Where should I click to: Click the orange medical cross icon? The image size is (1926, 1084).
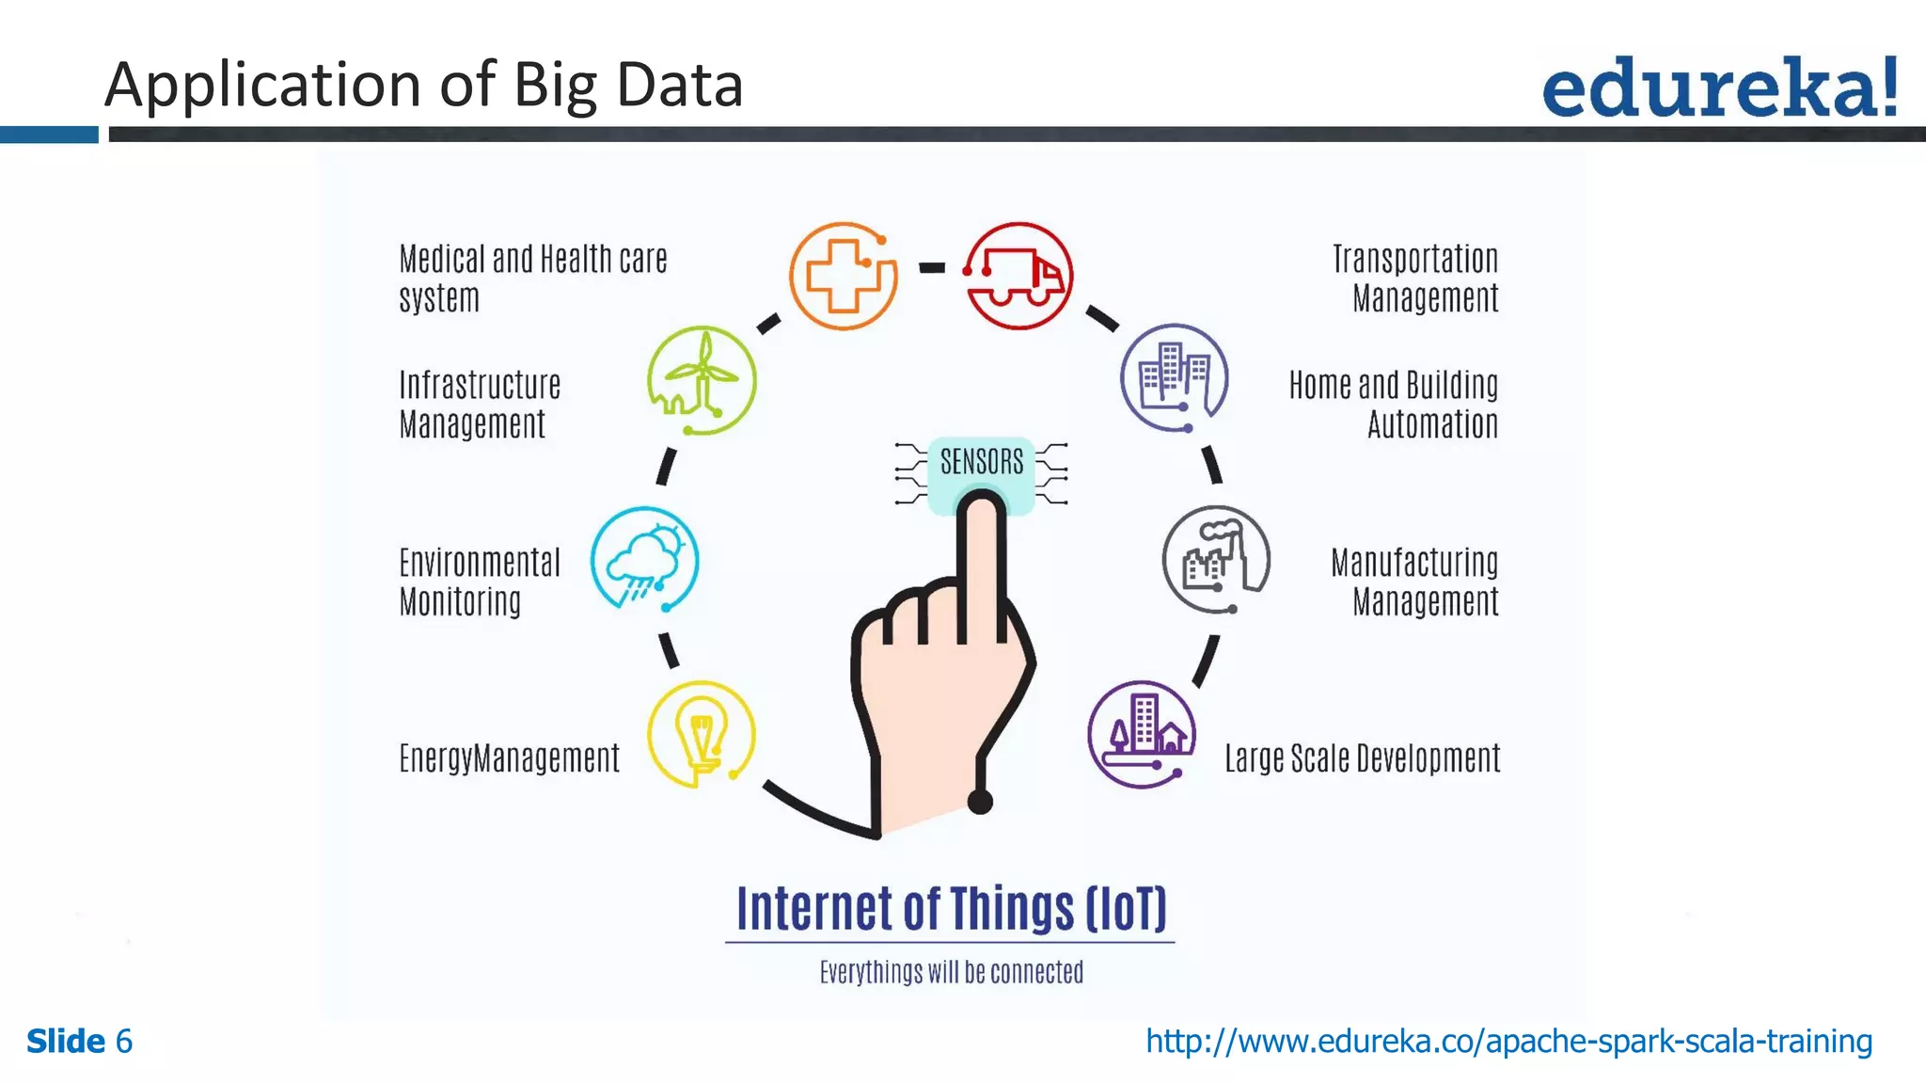point(844,276)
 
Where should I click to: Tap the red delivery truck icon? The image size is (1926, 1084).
point(1019,276)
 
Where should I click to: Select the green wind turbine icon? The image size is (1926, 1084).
point(702,380)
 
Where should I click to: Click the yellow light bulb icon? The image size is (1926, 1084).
point(702,735)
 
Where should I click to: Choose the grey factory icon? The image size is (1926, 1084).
point(1216,560)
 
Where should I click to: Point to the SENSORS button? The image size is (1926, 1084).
point(981,461)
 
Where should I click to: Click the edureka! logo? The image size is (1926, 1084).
point(1719,88)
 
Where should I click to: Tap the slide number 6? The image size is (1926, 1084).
point(123,1042)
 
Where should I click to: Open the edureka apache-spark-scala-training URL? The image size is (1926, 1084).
point(1508,1042)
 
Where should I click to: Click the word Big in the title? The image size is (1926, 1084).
point(555,85)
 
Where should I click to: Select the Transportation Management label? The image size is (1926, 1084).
point(1415,279)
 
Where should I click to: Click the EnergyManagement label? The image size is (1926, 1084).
point(509,758)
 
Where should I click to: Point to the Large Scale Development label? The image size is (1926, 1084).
point(1362,758)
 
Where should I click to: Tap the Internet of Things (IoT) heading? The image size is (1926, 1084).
point(951,909)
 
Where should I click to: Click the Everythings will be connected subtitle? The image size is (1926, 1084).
point(951,972)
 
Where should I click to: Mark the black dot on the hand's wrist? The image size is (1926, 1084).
point(980,802)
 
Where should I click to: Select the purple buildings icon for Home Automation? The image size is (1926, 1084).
point(1174,377)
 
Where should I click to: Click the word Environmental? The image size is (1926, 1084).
point(480,563)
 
